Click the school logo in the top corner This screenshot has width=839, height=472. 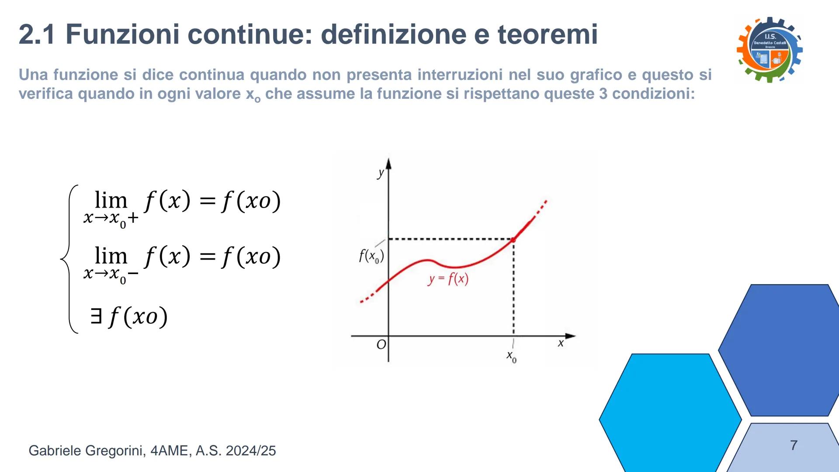(770, 49)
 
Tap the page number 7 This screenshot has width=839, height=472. (794, 445)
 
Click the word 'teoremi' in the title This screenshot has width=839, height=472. (548, 34)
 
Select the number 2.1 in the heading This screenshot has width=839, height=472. (37, 34)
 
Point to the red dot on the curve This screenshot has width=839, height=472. (513, 239)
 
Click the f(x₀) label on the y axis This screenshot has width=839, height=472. (371, 256)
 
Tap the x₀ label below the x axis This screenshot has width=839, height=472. (511, 357)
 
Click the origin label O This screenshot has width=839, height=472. (381, 345)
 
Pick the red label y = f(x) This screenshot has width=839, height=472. (448, 279)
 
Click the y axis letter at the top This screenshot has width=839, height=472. (381, 173)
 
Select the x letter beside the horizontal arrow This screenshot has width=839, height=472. (561, 344)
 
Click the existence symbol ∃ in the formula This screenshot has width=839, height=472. (96, 316)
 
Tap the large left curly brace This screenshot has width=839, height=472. (69, 259)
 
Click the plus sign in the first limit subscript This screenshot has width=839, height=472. (133, 218)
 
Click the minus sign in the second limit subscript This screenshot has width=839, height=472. (133, 274)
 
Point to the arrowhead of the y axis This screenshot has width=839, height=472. (388, 163)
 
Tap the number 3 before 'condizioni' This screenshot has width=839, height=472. (603, 94)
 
